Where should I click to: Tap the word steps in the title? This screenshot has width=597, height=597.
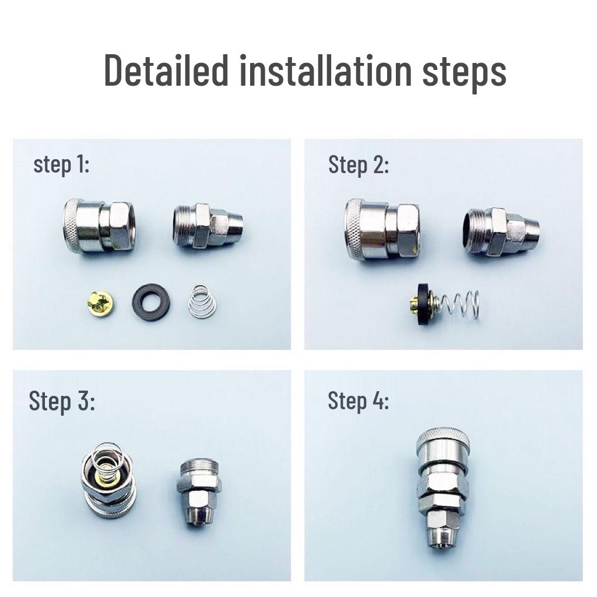point(463,71)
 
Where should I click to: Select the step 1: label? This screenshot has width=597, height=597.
point(61,165)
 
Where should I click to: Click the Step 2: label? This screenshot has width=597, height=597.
point(358,165)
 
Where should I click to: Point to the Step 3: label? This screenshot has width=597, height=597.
point(61,401)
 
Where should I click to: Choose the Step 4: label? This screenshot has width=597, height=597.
point(358,401)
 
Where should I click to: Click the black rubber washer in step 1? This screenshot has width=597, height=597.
point(151,302)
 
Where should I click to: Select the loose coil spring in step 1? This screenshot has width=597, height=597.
point(202,301)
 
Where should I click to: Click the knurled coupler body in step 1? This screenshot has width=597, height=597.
point(98,226)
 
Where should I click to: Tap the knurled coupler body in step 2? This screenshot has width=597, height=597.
point(382,228)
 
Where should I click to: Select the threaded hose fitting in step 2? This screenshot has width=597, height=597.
point(500,230)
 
